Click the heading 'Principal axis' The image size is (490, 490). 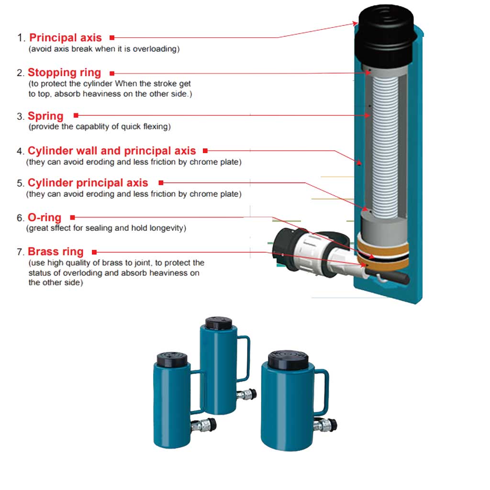point(65,37)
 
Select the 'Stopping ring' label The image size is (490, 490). point(65,73)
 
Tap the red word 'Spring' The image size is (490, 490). point(45,116)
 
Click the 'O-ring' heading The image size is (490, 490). point(45,217)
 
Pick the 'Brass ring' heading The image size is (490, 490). point(56,252)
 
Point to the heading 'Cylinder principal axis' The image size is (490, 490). point(88,182)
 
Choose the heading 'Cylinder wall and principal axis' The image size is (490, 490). point(112,151)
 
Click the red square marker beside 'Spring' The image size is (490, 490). point(76,115)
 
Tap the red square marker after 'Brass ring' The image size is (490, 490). point(94,252)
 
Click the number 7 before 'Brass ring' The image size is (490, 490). point(20,252)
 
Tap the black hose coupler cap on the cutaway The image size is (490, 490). point(286,248)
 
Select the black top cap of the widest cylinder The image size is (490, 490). point(288,360)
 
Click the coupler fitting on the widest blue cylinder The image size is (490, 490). point(325,425)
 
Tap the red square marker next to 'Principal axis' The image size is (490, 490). point(112,38)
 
